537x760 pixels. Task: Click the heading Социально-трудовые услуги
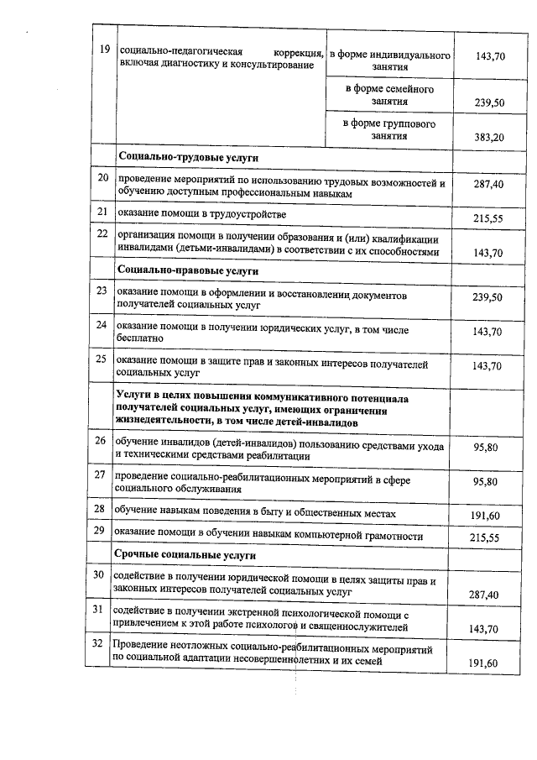click(x=188, y=157)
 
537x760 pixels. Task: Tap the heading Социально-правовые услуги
click(x=189, y=271)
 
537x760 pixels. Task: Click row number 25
click(x=101, y=359)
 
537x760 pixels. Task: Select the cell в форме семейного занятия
click(x=389, y=95)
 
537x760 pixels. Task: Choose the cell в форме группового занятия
click(x=389, y=129)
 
